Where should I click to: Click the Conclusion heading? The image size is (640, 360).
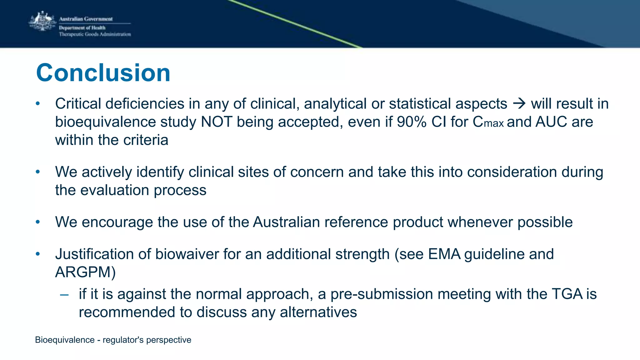(103, 73)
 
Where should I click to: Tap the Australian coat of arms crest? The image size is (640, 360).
(42, 21)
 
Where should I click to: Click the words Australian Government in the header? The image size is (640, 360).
(86, 19)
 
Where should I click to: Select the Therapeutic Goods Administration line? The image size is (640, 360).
(95, 34)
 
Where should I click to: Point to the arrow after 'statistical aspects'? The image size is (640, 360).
(519, 103)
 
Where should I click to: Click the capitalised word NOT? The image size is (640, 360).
(216, 122)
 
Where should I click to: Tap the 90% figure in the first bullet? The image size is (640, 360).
(412, 122)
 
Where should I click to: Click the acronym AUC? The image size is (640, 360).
(551, 122)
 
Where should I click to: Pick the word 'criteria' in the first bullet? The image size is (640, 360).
(146, 140)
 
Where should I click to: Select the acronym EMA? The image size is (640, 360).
(444, 254)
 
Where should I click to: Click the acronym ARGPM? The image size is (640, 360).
(83, 272)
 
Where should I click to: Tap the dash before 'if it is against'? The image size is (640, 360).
(64, 294)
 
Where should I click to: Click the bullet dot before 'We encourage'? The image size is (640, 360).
(38, 222)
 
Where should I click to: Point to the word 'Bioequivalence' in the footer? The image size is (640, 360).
(65, 340)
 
